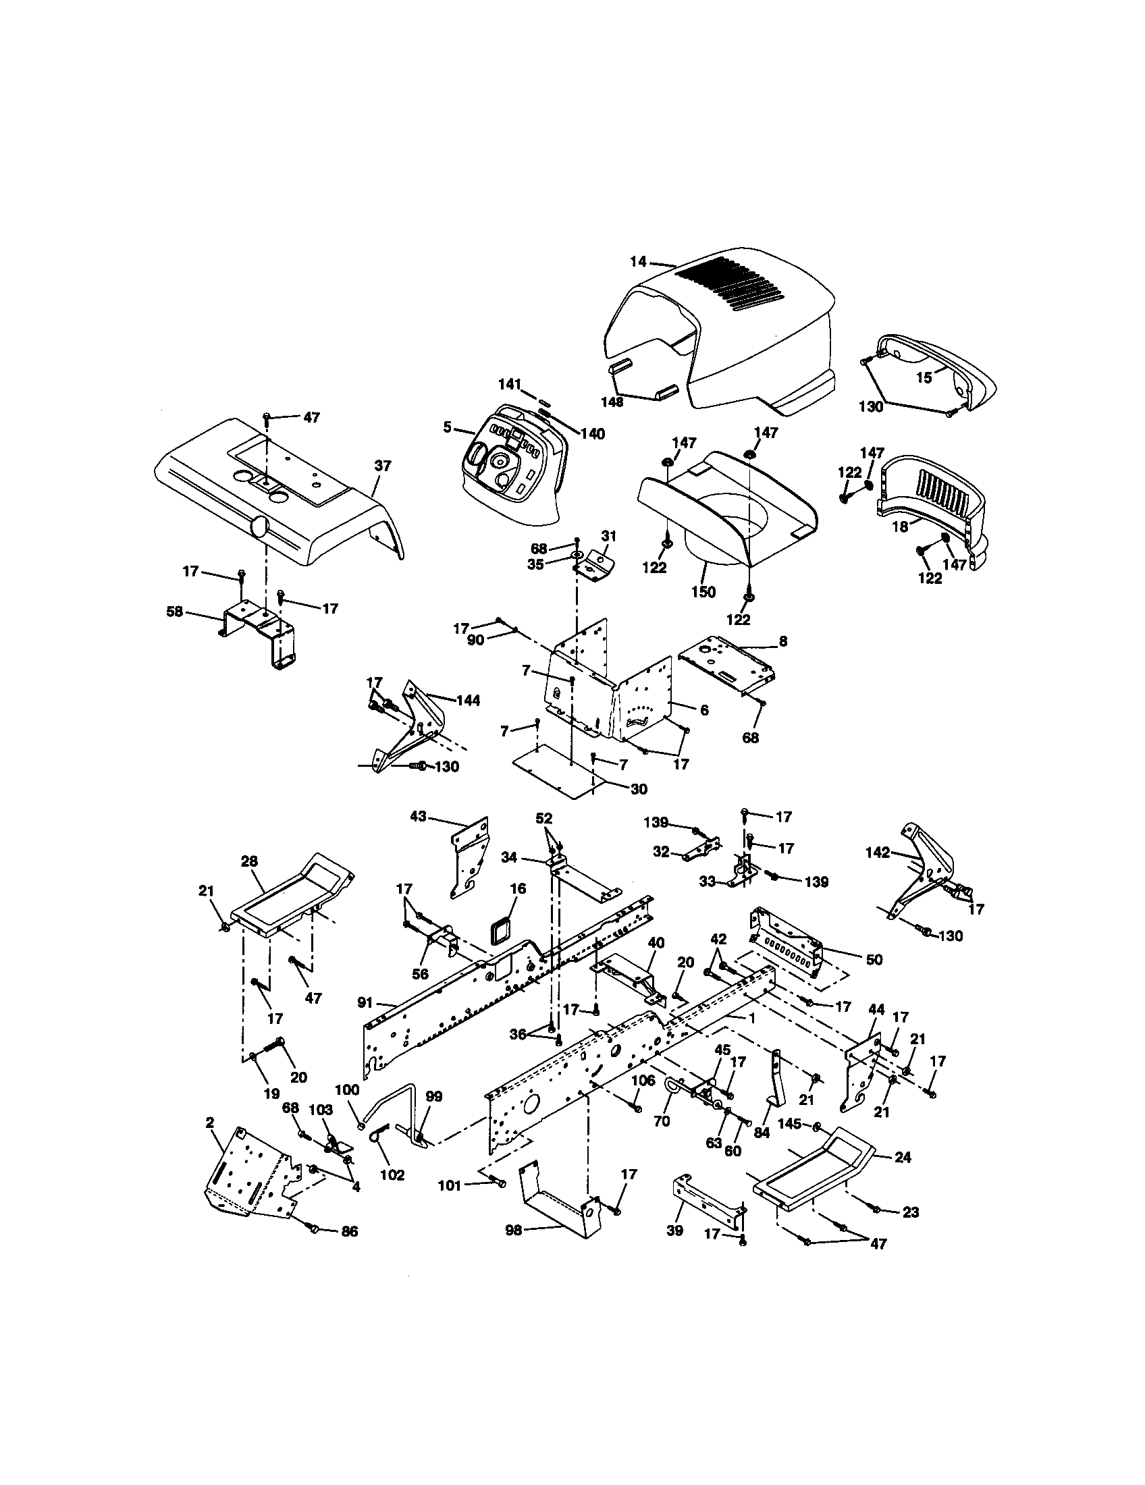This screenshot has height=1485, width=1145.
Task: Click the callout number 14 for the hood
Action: click(637, 261)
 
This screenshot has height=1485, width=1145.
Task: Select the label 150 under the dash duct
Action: click(703, 591)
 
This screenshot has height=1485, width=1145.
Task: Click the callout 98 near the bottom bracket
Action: click(514, 1249)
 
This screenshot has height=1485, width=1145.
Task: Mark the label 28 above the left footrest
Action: click(250, 861)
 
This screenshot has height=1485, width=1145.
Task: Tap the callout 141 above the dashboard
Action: click(508, 384)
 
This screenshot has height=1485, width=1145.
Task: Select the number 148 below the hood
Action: click(612, 402)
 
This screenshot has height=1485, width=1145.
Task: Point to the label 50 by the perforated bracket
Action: click(874, 959)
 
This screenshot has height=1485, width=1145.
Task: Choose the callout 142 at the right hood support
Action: click(878, 853)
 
